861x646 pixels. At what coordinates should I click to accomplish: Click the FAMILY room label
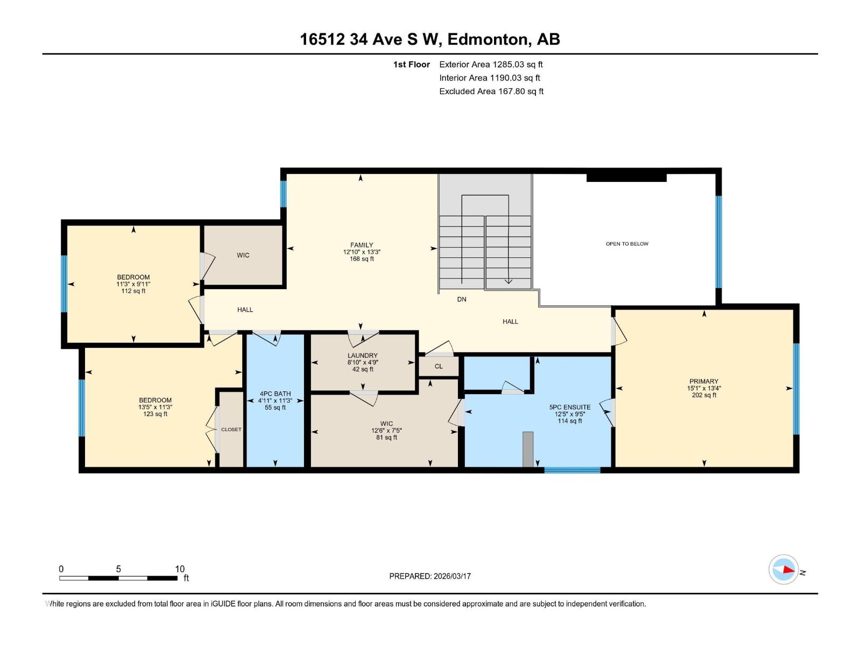(362, 245)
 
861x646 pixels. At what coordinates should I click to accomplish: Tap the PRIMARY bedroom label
(703, 381)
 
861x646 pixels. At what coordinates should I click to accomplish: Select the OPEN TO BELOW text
(627, 244)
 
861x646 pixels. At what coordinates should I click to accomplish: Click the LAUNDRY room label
(362, 355)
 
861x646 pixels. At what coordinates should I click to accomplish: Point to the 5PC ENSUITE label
(570, 408)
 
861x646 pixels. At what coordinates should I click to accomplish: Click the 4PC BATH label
(275, 394)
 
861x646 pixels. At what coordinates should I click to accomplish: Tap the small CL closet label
(439, 367)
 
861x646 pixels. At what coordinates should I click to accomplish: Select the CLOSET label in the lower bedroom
(231, 430)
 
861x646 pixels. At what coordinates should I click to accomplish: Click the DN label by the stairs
(462, 299)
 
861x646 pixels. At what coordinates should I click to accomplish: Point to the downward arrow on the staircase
(508, 279)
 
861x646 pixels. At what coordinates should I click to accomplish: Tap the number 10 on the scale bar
(180, 569)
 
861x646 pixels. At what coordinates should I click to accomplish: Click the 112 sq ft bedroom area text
(133, 291)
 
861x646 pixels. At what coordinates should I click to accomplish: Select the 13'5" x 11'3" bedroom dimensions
(155, 408)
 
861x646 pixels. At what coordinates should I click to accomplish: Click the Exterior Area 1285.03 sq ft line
(491, 65)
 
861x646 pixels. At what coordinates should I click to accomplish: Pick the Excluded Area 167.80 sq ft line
(491, 92)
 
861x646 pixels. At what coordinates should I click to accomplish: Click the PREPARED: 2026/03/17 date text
(430, 576)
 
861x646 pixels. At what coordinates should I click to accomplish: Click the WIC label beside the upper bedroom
(243, 255)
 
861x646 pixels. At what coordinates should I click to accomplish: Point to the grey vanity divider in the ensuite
(528, 449)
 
